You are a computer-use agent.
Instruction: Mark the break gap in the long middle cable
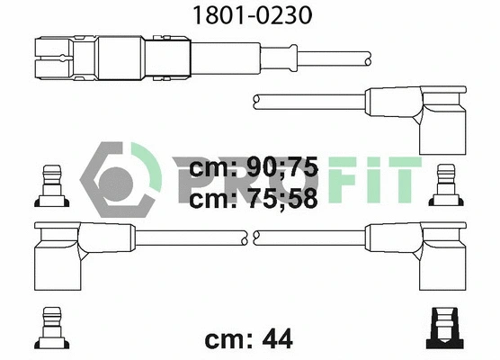tap(250, 237)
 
